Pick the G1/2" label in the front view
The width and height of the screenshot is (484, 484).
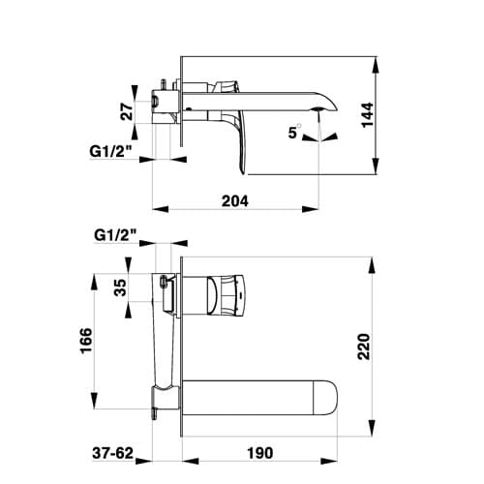115,234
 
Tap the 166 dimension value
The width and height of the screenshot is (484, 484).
86,342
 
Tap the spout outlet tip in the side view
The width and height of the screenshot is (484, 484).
322,108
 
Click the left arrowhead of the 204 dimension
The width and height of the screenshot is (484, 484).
158,208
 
